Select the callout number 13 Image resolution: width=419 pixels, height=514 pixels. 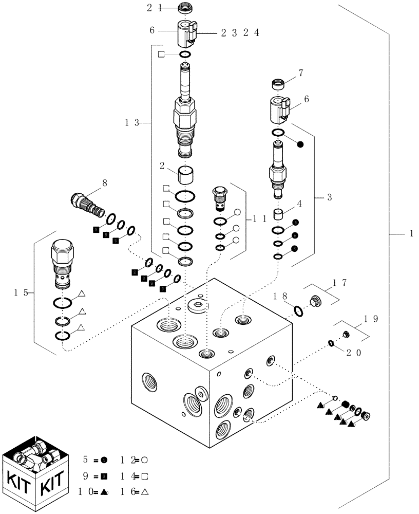click(132, 123)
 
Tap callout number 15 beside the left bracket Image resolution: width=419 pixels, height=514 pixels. click(21, 293)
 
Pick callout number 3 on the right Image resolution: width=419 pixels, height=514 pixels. click(329, 197)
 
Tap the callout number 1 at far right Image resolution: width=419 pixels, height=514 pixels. click(411, 234)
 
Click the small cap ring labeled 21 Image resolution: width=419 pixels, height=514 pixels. click(184, 8)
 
